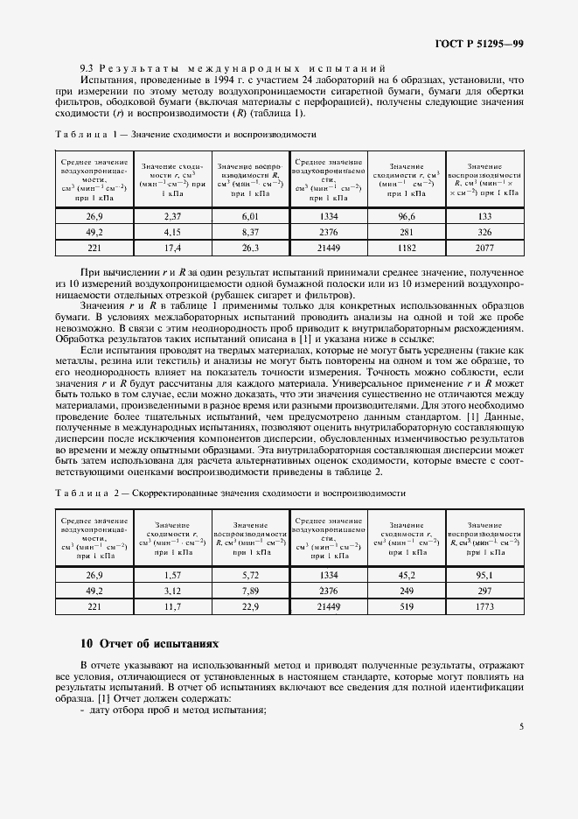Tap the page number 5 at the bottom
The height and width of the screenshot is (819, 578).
(x=520, y=726)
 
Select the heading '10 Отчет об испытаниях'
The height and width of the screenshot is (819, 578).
(x=150, y=644)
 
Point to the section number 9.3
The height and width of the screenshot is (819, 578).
(x=86, y=67)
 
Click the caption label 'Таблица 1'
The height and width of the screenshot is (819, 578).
(x=85, y=135)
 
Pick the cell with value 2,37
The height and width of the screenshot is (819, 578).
(x=171, y=215)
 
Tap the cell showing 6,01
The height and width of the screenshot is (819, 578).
(x=251, y=215)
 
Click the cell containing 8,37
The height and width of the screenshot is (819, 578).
(x=251, y=232)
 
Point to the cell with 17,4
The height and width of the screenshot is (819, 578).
(x=171, y=248)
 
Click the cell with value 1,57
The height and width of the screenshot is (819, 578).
(x=171, y=575)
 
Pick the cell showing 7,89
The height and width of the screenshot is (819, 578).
(x=251, y=591)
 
